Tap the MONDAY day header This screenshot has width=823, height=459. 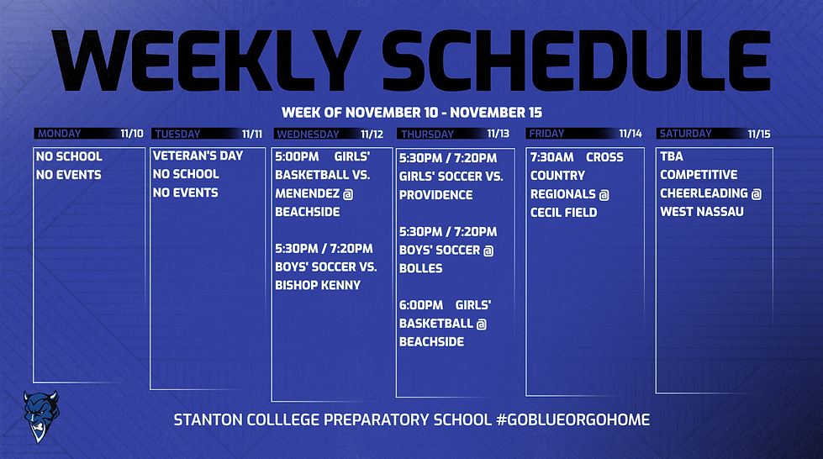60,134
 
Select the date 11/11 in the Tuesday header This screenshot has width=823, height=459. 252,134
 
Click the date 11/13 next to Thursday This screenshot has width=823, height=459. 499,134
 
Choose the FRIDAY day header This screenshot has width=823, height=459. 546,134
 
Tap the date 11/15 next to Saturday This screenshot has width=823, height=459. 759,134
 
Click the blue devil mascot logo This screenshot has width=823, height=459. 37,415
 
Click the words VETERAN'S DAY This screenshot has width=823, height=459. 186,156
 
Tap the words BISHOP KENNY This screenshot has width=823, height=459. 318,285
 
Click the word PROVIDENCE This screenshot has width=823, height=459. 436,195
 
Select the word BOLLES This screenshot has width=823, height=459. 420,268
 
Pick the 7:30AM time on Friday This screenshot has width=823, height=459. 552,157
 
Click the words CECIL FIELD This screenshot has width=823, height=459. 564,213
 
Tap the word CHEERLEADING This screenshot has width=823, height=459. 704,193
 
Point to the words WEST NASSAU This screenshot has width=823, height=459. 702,212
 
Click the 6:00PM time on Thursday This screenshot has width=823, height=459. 420,305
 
